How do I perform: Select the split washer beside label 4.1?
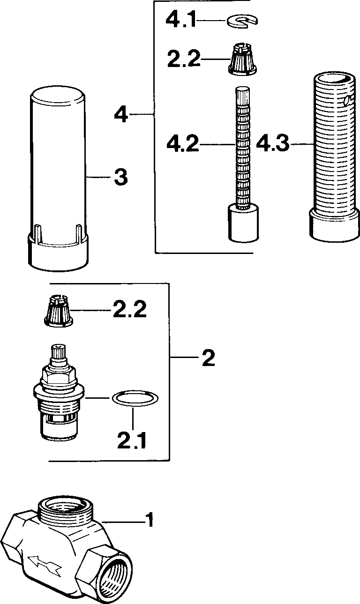coord(242,21)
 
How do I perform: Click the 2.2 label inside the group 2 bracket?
coord(130,310)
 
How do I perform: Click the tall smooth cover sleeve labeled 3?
coord(58,178)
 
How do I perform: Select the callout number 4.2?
coord(183,144)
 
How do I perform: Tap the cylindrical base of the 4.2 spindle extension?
coord(243,223)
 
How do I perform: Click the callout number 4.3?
coord(272,144)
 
